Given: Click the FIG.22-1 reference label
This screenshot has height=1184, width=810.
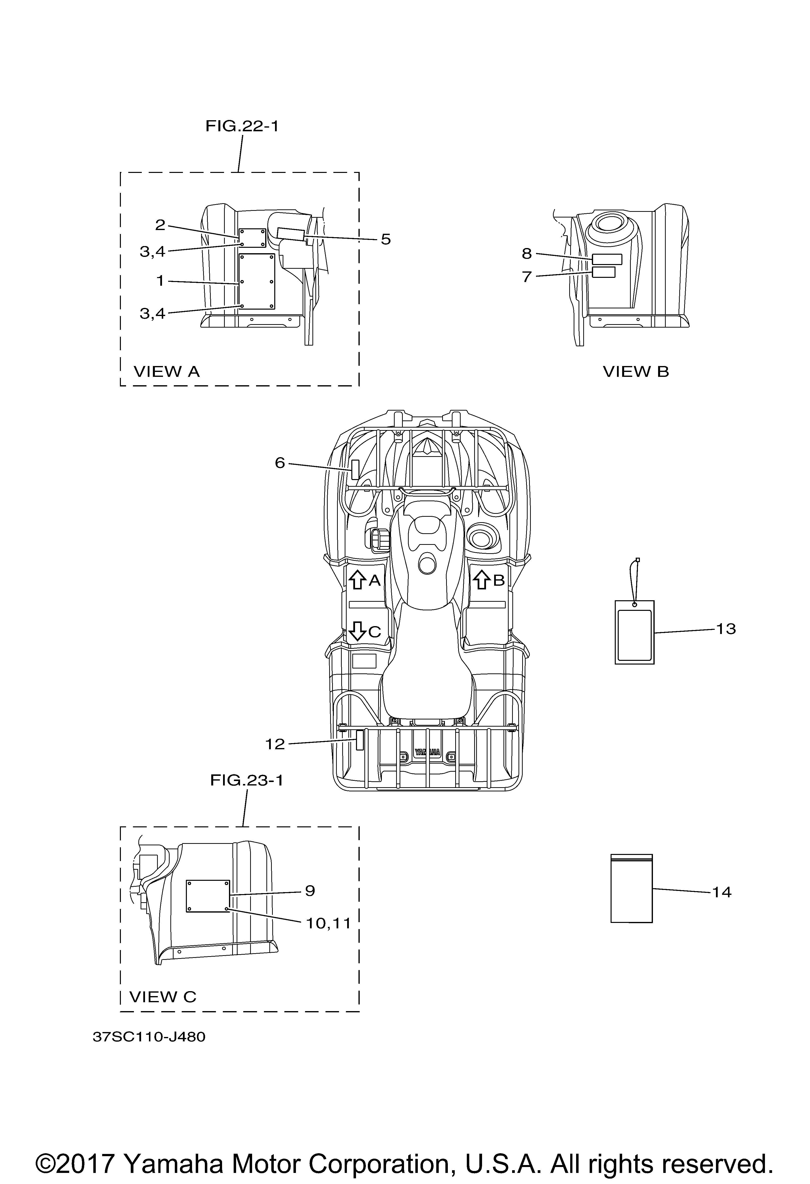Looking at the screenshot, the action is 242,126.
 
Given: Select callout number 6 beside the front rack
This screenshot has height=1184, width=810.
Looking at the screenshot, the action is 280,463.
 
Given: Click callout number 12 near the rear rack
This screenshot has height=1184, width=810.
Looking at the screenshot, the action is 275,744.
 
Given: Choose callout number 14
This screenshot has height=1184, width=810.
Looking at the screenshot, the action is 721,892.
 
